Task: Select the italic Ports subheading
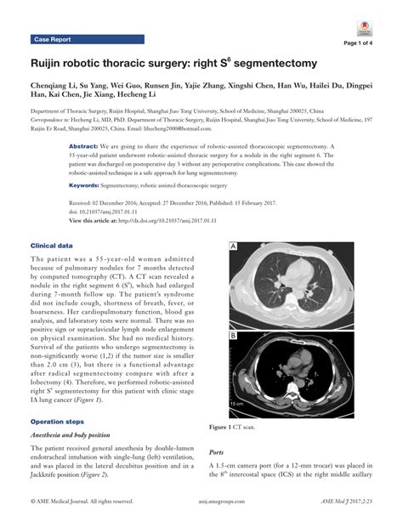(x=219, y=453)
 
